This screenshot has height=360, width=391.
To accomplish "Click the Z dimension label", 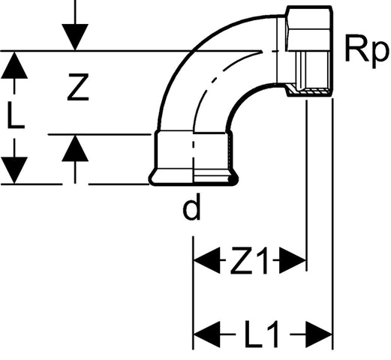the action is click(78, 87).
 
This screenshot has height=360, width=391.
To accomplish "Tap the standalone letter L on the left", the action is click(16, 115).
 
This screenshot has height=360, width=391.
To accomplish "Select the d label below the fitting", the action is click(191, 207).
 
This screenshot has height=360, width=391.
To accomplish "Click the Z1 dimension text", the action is click(249, 259).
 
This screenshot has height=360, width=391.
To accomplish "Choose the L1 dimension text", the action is click(261, 334).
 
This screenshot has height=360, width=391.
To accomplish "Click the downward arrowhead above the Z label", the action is click(75, 37).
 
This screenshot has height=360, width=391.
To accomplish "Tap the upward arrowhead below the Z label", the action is click(75, 148).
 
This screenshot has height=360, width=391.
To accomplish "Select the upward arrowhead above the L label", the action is click(14, 64).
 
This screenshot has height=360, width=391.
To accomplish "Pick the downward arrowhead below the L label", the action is click(14, 170).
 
